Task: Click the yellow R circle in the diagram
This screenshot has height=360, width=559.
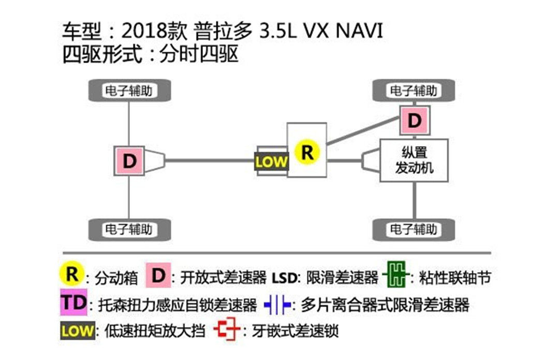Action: coord(307,152)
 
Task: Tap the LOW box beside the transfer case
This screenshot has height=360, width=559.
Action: coord(271,161)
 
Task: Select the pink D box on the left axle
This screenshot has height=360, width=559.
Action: coord(129,160)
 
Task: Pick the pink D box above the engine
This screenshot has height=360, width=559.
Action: coord(414,121)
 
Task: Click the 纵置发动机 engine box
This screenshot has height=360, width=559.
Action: coord(414,160)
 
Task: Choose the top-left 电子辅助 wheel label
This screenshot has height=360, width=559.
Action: coord(129,91)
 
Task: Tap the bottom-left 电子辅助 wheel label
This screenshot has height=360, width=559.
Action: coord(129,229)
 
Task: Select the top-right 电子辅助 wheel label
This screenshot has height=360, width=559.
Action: coord(414,91)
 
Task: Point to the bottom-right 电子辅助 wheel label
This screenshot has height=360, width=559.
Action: coord(414,229)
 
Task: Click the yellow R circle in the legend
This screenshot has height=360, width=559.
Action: coord(72,274)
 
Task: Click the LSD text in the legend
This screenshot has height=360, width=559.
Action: coord(284,278)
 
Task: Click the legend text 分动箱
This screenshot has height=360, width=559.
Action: coord(116,278)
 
